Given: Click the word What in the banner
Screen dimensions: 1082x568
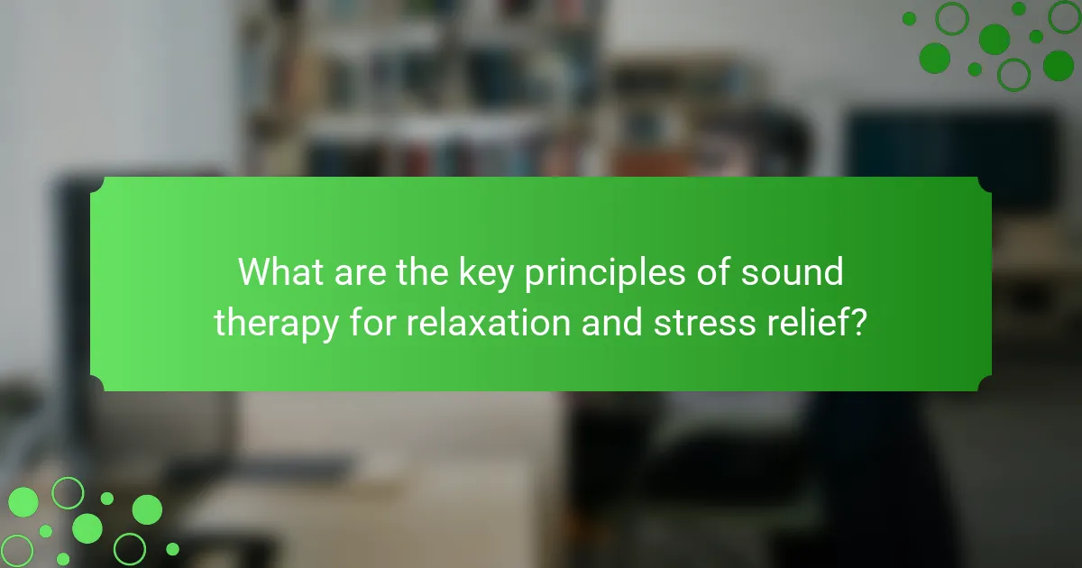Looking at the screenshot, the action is pos(280,272).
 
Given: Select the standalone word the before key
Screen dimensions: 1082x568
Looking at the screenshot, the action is pos(422,272).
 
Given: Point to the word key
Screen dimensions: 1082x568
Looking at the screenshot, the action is pos(486,275).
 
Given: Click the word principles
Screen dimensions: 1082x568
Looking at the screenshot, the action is pos(605,275).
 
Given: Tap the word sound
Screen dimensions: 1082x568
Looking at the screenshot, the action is pos(793,272).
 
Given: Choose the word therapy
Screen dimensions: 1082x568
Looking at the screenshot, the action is pos(276,325).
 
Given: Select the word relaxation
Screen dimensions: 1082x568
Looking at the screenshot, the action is pos(489,322).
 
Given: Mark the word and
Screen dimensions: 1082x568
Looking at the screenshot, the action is pos(612,322).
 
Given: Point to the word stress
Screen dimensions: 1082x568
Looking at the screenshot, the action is pos(704,324).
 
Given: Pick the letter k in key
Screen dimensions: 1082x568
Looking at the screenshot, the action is pos(468,272).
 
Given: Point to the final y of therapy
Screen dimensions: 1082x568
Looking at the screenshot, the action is pos(327,329).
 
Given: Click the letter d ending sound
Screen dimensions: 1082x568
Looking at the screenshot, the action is pos(833,272).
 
